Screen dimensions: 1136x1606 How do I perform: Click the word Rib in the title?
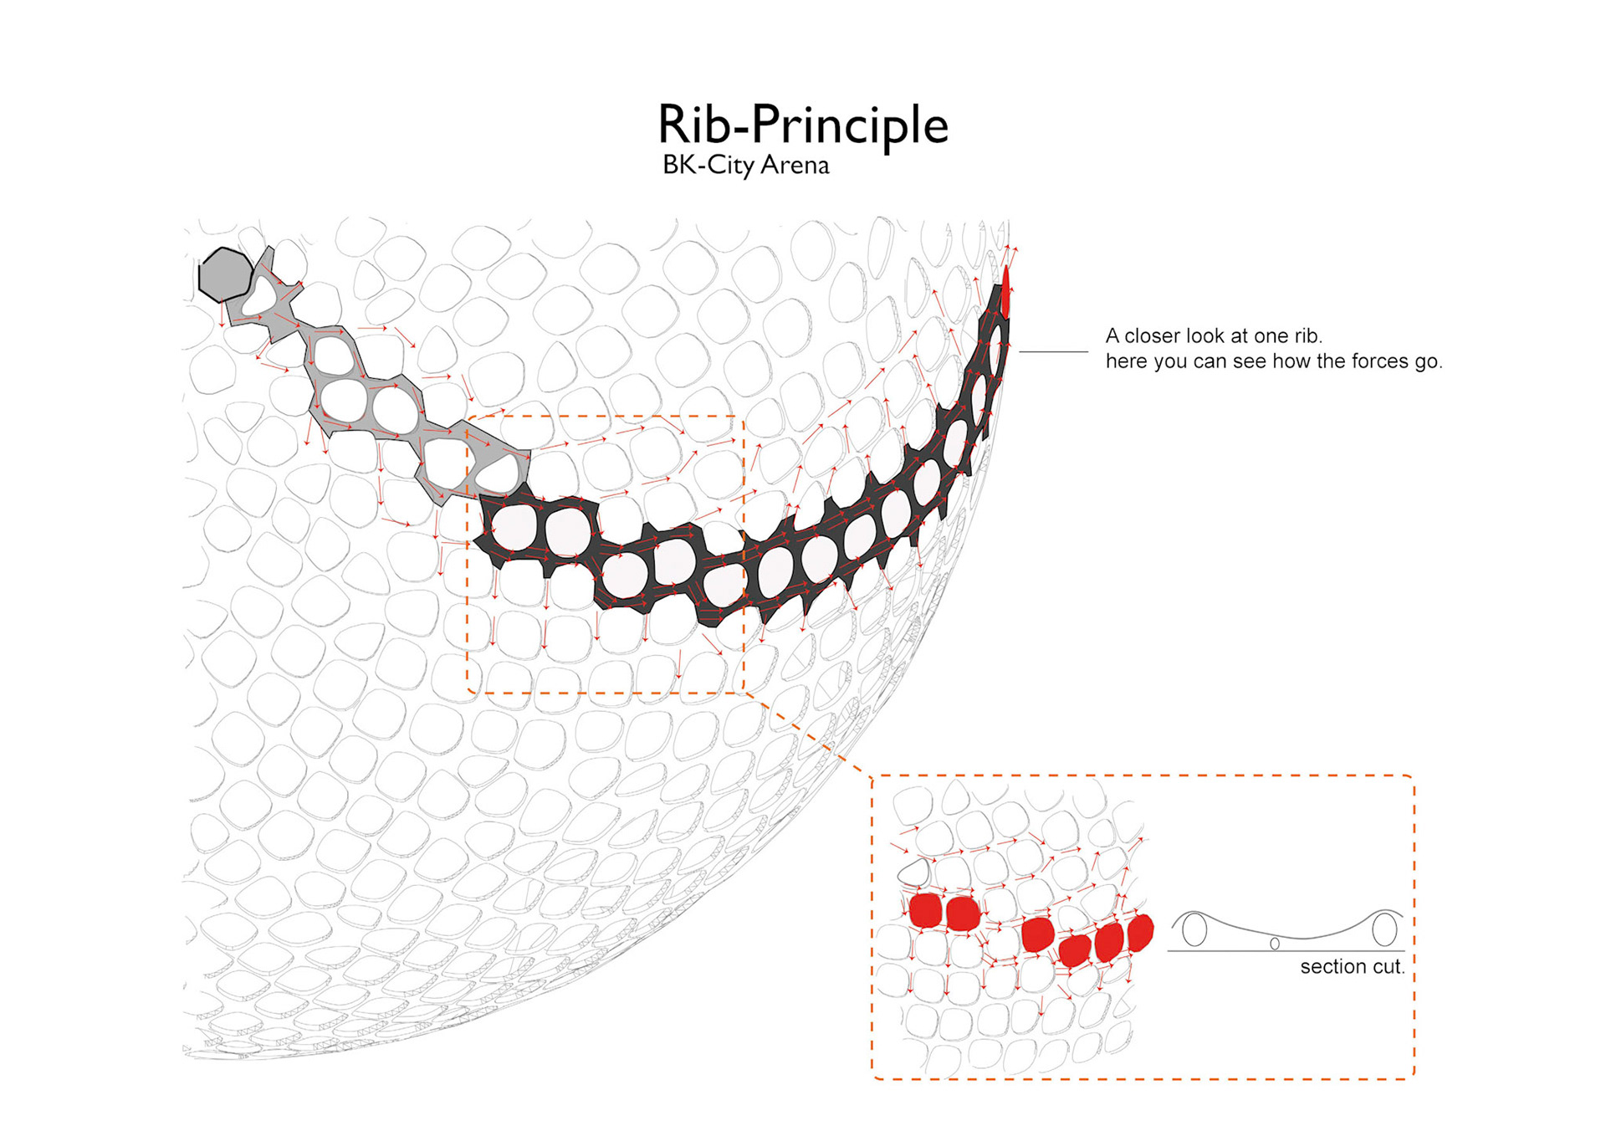click(x=694, y=125)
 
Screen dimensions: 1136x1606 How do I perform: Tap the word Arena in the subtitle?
click(x=795, y=165)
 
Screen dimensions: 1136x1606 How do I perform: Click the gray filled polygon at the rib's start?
click(x=224, y=274)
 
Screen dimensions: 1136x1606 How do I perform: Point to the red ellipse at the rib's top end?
click(x=1005, y=291)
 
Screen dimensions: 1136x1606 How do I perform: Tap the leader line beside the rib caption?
click(x=1053, y=352)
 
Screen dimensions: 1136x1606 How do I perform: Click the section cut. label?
click(x=1352, y=967)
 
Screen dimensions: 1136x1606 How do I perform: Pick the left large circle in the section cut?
click(x=1194, y=929)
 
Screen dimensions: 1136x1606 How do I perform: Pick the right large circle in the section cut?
click(x=1384, y=929)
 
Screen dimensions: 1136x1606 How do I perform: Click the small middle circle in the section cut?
click(x=1275, y=944)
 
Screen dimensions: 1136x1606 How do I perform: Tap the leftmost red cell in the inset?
click(x=925, y=910)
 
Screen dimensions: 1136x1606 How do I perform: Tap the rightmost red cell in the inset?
click(x=1140, y=931)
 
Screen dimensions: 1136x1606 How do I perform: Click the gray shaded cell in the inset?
click(x=914, y=872)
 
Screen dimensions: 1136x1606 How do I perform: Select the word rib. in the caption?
click(x=1308, y=336)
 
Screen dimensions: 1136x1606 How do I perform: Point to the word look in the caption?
click(x=1213, y=336)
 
